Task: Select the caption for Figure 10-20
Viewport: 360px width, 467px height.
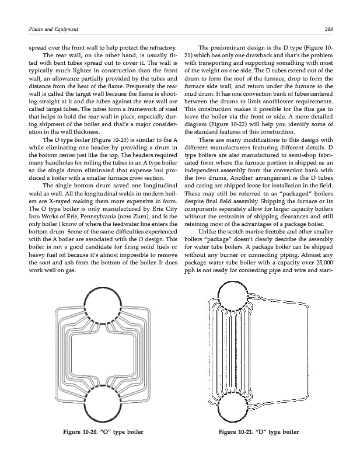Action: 96,433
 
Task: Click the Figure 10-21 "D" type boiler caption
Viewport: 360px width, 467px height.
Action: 258,433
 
